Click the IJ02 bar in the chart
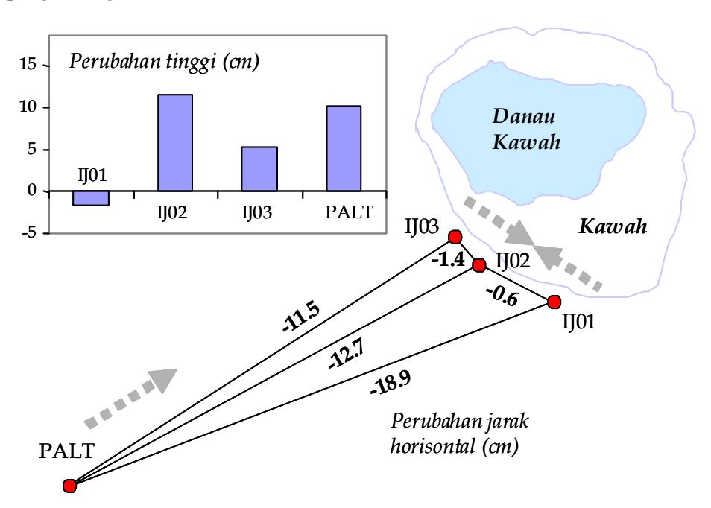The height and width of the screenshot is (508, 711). click(175, 143)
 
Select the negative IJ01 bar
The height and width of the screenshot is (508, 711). click(91, 198)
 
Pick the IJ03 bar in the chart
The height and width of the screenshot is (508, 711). click(259, 169)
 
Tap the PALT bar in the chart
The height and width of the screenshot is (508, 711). click(344, 149)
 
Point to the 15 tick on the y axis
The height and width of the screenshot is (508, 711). click(28, 64)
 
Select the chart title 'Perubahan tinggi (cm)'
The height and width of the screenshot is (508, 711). click(164, 62)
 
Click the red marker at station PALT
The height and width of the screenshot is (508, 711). click(69, 486)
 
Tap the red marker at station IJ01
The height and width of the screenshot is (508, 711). click(554, 302)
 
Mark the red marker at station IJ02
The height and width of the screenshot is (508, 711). click(478, 265)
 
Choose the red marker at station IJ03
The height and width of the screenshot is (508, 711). click(455, 237)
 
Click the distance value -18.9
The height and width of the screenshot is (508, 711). click(391, 382)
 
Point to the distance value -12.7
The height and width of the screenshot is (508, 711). click(346, 354)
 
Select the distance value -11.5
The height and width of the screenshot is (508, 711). click(301, 317)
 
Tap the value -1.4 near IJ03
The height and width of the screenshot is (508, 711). click(448, 259)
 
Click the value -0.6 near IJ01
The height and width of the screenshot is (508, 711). click(502, 296)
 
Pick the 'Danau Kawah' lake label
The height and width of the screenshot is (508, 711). click(526, 129)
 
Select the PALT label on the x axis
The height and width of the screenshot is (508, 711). click(349, 212)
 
